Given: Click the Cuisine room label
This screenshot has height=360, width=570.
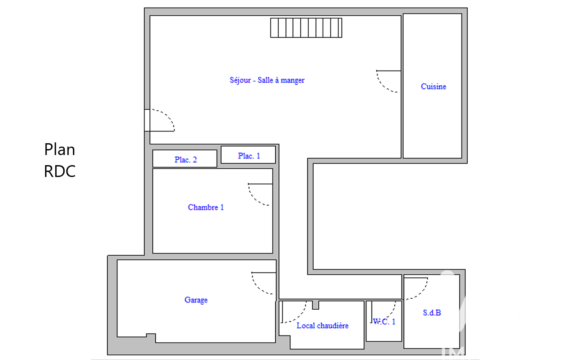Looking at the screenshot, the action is click(x=433, y=87).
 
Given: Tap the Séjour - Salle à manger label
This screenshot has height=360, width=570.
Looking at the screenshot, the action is click(x=267, y=80).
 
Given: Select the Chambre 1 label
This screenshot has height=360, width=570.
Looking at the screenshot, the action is click(x=206, y=207).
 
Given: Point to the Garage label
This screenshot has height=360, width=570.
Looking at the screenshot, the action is click(x=196, y=300).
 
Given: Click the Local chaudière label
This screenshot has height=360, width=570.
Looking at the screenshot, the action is click(x=323, y=325).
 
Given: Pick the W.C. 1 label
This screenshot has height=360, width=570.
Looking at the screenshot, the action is click(x=384, y=322).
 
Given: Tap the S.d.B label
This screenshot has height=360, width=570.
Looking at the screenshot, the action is click(x=432, y=313).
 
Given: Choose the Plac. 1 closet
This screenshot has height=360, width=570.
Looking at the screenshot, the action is click(x=248, y=155).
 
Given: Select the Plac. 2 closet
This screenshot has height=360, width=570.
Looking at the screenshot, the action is click(x=185, y=158).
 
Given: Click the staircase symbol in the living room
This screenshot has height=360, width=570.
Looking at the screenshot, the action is click(x=306, y=28).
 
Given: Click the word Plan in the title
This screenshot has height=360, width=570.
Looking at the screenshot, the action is click(x=60, y=150).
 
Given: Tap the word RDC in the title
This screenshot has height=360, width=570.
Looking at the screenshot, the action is click(x=60, y=171).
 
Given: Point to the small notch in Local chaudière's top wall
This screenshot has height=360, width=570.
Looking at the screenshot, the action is click(x=315, y=305).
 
